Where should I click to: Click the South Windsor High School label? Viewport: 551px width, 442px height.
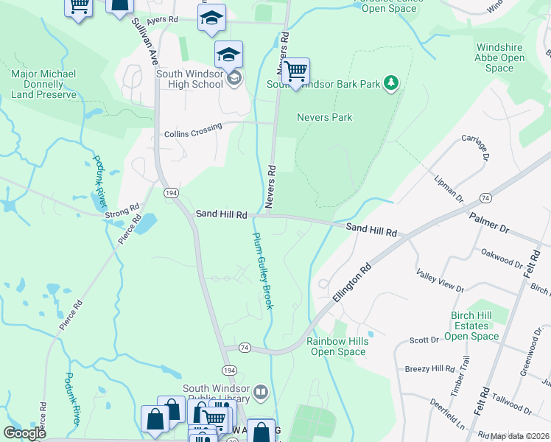(x=189, y=79)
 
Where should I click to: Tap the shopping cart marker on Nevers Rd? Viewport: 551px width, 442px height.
(x=295, y=72)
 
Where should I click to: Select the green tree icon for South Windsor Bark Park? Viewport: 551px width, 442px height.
(x=392, y=83)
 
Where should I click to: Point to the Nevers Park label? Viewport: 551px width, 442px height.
(x=324, y=117)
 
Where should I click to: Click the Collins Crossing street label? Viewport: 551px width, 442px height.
(x=193, y=130)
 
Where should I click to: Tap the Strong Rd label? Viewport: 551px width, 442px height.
(x=122, y=211)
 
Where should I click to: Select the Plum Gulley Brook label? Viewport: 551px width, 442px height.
(x=262, y=270)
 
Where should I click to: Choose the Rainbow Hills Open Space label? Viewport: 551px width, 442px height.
(x=337, y=346)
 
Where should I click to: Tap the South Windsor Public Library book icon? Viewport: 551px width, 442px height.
(x=261, y=390)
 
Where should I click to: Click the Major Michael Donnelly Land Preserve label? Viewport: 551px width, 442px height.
(x=43, y=84)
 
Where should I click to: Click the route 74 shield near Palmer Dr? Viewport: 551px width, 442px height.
(x=485, y=198)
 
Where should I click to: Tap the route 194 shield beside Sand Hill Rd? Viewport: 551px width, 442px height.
(x=171, y=192)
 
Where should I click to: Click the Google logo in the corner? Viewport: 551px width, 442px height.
(x=24, y=433)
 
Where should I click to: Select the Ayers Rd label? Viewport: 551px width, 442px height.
(x=162, y=21)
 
